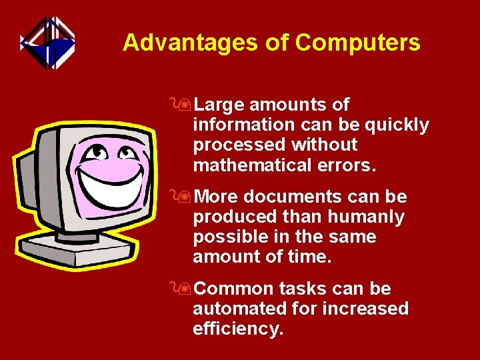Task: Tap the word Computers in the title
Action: tap(357, 43)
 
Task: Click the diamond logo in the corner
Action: tap(47, 43)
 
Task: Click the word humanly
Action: tap(372, 217)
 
